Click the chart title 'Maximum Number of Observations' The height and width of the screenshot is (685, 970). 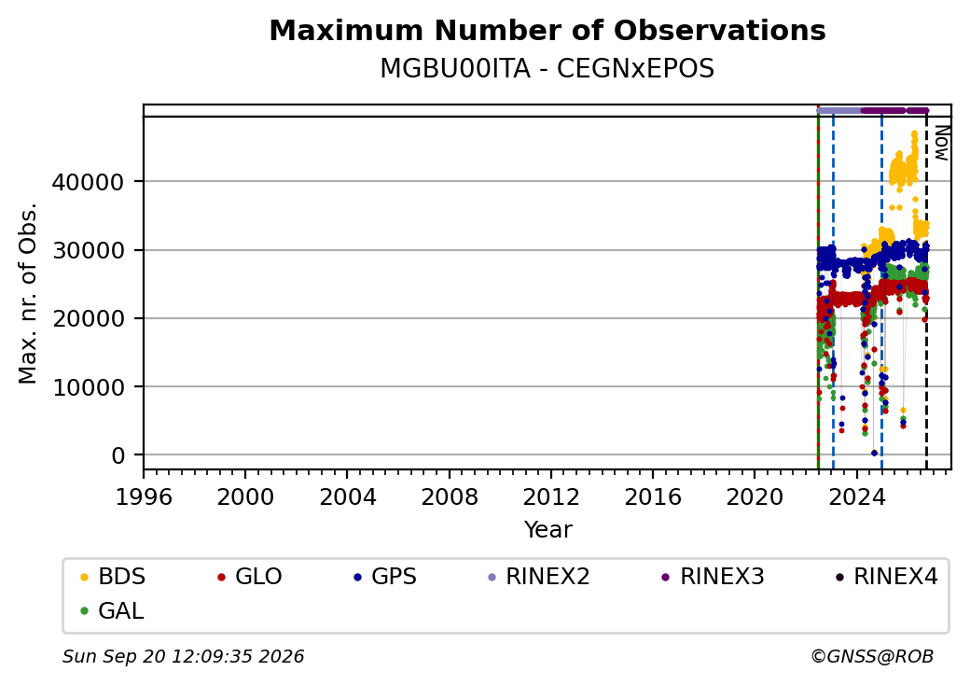tap(547, 30)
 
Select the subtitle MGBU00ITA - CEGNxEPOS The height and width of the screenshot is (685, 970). tap(547, 68)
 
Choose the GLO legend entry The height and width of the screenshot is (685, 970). tap(250, 577)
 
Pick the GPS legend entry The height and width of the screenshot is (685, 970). tap(385, 577)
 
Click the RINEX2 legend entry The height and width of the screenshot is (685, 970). tap(539, 577)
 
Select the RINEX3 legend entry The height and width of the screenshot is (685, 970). tap(714, 577)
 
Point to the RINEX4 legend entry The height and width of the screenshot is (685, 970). tap(887, 577)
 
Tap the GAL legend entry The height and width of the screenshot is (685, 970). tap(113, 610)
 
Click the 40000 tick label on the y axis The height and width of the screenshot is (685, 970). tap(88, 183)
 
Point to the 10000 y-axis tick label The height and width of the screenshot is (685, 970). tap(88, 388)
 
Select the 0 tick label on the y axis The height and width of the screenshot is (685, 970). tap(118, 456)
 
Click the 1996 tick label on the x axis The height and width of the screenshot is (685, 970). tap(144, 496)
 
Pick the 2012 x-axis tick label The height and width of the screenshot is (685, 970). tap(551, 496)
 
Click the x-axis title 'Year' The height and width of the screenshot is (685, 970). tap(548, 530)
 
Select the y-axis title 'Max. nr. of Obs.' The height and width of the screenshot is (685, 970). tap(28, 293)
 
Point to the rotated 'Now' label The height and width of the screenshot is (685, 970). tap(941, 143)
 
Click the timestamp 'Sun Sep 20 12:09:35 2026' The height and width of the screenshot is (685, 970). tap(183, 656)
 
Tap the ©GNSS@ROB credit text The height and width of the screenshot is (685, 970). tap(872, 656)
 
